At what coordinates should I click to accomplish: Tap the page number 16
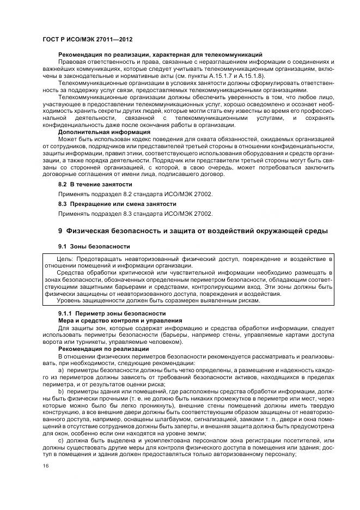click(45, 465)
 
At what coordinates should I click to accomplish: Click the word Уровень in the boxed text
click(69, 300)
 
